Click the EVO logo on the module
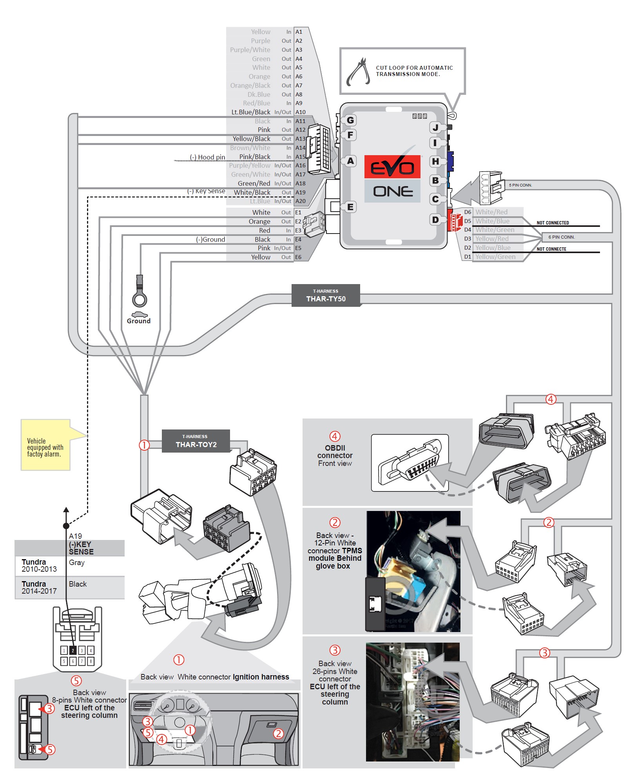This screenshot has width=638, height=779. pos(392,167)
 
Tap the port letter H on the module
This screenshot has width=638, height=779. pos(435,161)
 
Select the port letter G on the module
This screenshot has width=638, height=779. pos(350,120)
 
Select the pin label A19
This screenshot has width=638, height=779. pos(300,192)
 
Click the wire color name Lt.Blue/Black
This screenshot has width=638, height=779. pos(251,112)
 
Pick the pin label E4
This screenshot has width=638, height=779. pos(298,239)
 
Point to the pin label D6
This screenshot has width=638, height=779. pos(468,212)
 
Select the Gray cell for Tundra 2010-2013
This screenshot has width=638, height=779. pos(77,563)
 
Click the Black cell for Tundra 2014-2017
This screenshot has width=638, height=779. pos(78,584)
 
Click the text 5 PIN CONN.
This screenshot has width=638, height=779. pos(520,185)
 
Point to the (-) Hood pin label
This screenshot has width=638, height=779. pos(207,157)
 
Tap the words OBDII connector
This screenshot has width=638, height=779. pos(335,452)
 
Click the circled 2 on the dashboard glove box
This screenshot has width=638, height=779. pos(278,734)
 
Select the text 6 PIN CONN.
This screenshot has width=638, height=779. pos(561,237)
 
